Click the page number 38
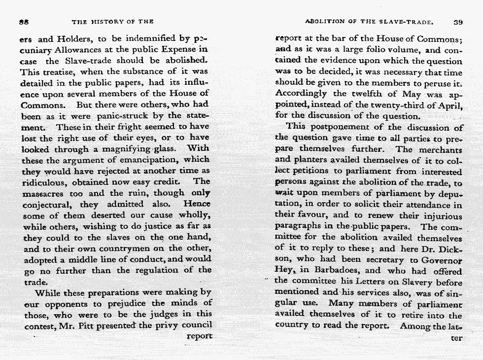point(22,22)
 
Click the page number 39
point(457,22)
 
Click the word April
point(449,105)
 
